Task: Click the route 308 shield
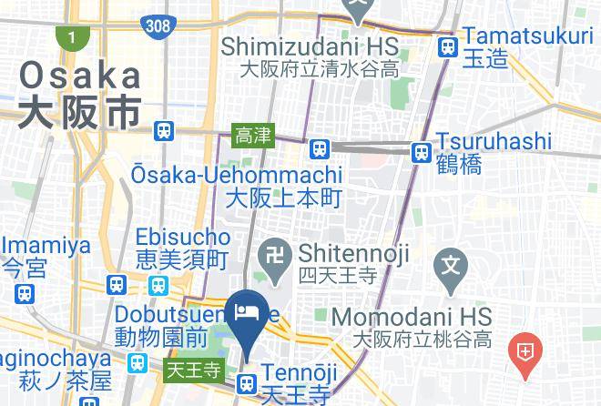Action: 158,25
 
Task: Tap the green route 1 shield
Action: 68,37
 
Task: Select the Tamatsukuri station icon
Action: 447,47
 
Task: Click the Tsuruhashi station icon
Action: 421,152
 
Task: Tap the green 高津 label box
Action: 252,136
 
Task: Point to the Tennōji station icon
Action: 246,384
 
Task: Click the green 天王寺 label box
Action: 194,370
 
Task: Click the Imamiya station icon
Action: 25,294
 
